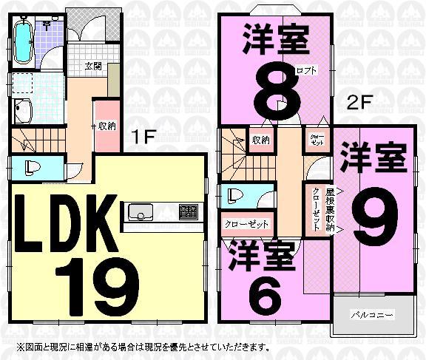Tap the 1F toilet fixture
pyautogui.click(x=30, y=166)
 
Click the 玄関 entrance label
pyautogui.click(x=93, y=66)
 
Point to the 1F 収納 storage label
pyautogui.click(x=106, y=126)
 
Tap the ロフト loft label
pyautogui.click(x=306, y=71)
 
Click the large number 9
pyautogui.click(x=373, y=212)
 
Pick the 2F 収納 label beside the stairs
pyautogui.click(x=260, y=140)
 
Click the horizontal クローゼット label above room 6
pyautogui.click(x=245, y=223)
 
